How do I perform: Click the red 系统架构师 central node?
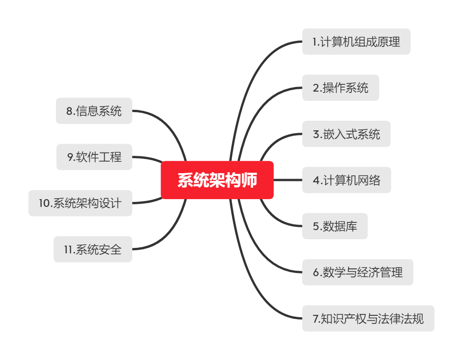(217, 180)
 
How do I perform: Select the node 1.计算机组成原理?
(356, 42)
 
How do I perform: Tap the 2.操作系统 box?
(340, 88)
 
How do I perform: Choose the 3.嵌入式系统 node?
(346, 134)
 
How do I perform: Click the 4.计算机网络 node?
(346, 180)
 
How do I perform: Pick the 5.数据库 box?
(334, 226)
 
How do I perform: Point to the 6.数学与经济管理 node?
(357, 273)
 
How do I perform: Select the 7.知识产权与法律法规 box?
(368, 319)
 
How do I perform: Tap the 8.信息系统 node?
(94, 111)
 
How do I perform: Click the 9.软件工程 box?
(94, 157)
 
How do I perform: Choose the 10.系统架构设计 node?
(80, 203)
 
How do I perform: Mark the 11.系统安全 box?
(93, 249)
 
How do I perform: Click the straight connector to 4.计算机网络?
(287, 180)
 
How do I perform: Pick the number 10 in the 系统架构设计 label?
(44, 203)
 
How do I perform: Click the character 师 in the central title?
(250, 180)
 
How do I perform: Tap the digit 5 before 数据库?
(316, 226)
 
